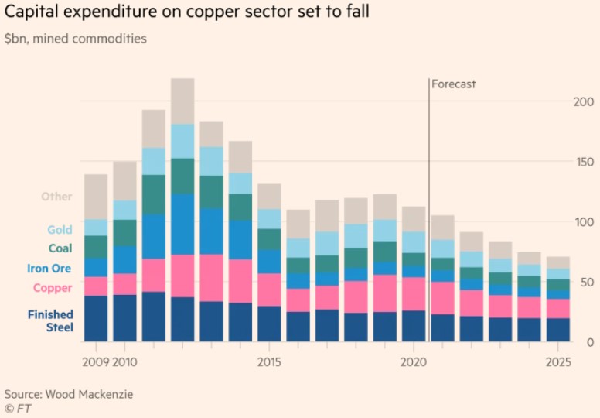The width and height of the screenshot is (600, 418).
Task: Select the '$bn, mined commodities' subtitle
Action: pos(75,38)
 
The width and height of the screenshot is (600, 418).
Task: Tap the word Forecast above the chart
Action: pos(454,84)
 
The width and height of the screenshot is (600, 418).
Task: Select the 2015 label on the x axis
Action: pos(269,361)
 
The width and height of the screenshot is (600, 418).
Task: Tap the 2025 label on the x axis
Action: pos(558,361)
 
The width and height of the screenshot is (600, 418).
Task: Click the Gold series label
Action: pos(60,230)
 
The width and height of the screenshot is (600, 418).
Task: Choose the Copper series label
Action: pos(53,288)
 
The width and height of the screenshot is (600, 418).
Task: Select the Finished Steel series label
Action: pos(50,320)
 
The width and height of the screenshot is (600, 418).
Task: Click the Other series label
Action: pos(57,197)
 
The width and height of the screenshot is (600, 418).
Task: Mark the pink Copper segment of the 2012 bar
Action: pos(182,276)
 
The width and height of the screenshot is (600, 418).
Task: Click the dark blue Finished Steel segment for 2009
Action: pos(96,318)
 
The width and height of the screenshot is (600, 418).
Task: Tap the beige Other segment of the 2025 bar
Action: pos(558,262)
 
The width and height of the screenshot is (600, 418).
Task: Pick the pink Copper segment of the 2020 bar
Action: pos(414,294)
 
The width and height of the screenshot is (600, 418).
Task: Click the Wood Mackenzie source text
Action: pos(69,394)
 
